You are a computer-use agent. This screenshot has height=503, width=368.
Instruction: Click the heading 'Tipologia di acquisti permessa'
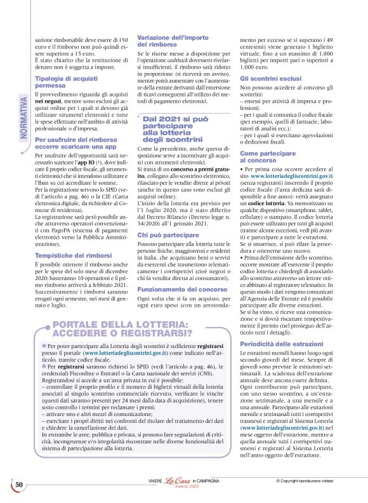click(x=63, y=82)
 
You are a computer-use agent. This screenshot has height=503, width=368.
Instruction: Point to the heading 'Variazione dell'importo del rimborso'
click(x=168, y=42)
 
